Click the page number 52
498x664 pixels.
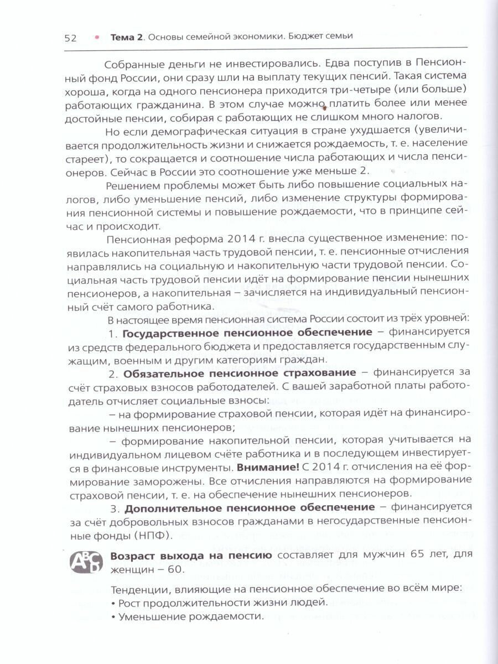click(x=70, y=38)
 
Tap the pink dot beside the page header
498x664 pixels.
click(x=97, y=37)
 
